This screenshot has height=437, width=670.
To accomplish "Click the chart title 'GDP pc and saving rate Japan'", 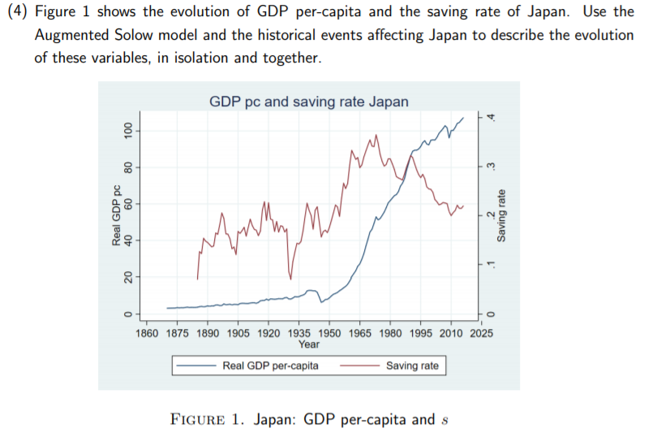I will pos(308,102).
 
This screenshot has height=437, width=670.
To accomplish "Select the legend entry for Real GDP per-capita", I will pos(270,366).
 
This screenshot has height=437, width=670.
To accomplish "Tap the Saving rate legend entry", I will pos(412,366).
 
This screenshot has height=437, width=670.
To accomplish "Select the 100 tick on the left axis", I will pos(127,130).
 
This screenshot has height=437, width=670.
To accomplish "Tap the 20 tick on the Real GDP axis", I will pos(127,277).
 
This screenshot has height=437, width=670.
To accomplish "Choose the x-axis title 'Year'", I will pos(309,344).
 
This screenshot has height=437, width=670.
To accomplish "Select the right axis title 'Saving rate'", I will pos(502,214).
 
